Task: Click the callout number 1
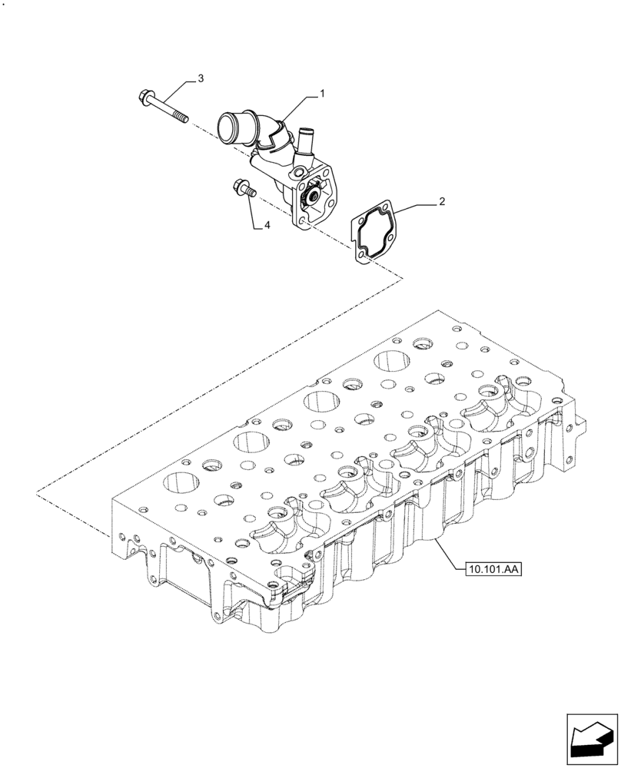[x=322, y=93]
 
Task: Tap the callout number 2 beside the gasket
[x=442, y=202]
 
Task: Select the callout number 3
[x=201, y=78]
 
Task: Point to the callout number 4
[x=267, y=225]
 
